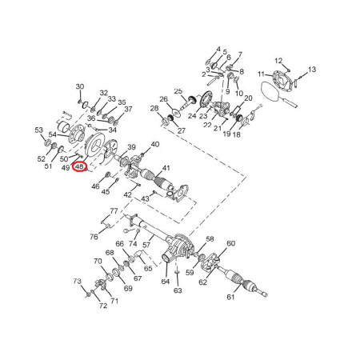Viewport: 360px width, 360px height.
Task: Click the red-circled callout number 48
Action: point(80,167)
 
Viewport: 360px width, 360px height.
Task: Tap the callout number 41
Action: point(166,168)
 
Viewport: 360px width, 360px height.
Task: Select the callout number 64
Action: point(166,282)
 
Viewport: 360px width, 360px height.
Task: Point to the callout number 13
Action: point(312,70)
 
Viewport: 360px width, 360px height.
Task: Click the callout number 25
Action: point(178,91)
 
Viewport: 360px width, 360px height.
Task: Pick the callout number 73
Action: point(77,281)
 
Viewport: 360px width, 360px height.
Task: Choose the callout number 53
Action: point(39,130)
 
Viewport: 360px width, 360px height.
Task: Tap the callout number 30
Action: point(80,86)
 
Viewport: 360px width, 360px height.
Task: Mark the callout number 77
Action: point(114,211)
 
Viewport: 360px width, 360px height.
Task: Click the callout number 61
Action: point(230,297)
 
